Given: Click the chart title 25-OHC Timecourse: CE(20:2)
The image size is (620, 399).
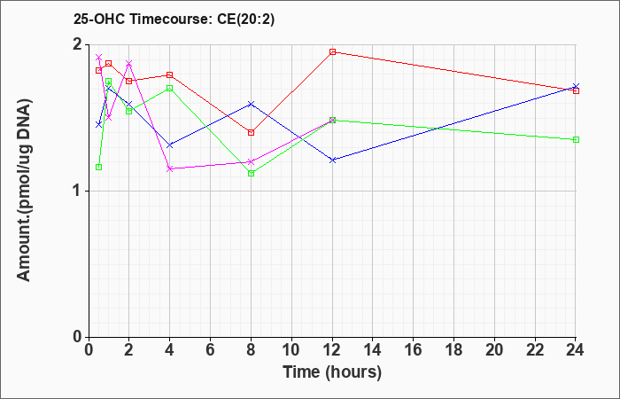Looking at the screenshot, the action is coord(174,20).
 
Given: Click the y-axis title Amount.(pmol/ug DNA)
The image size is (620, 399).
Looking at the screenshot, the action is coord(24,191).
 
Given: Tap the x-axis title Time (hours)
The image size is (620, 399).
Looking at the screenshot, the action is coord(332,372).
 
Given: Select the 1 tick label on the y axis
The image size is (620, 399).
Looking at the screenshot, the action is coord(78,192).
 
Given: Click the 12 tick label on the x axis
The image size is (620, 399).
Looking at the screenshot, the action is coord(332,350).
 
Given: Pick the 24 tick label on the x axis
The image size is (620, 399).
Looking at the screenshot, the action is coord(576,350).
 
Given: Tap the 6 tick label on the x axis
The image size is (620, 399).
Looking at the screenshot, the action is coord(211,350).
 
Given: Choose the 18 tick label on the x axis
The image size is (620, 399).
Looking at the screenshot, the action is coord(453,350).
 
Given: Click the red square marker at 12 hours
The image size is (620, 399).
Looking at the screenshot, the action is coord(332,51).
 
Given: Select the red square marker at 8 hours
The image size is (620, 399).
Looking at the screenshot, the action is coord(251,133).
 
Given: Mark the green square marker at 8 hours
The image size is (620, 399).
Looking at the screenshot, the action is coord(251,174).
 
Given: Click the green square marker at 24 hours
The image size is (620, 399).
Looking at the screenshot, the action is coord(576,140).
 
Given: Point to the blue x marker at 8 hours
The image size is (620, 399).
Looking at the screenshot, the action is coord(251,104).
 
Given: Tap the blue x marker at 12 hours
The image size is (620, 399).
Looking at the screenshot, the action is coord(332,160).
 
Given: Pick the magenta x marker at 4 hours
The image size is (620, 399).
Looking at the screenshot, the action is coord(170,168).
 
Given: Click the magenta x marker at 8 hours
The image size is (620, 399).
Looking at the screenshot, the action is coord(251,162).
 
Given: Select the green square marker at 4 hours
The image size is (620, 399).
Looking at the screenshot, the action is coord(170,89).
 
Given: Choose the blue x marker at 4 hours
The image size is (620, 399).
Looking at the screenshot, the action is coord(170,145).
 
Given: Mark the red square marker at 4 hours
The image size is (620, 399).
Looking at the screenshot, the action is coord(170,74).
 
